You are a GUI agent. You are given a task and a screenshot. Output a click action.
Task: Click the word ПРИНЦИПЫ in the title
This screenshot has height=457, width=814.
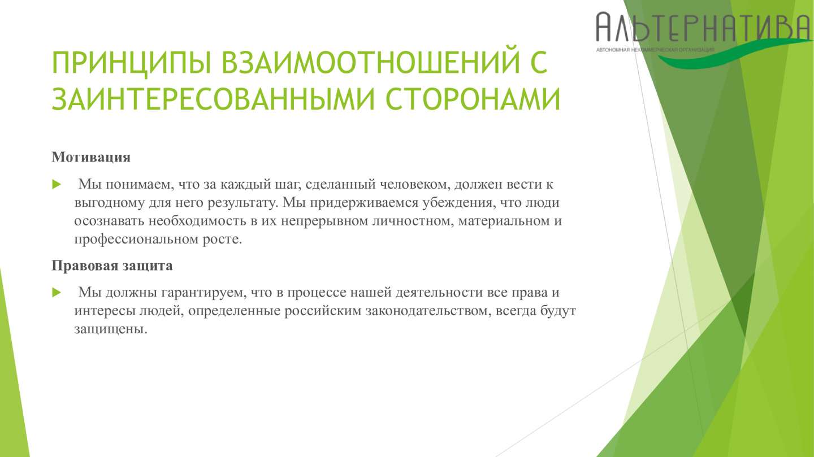click(131, 62)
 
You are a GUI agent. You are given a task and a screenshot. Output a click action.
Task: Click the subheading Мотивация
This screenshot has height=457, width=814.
click(91, 157)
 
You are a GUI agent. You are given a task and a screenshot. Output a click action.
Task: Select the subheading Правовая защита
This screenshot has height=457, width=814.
click(112, 266)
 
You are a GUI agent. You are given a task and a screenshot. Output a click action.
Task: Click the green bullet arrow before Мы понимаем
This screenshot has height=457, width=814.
click(57, 184)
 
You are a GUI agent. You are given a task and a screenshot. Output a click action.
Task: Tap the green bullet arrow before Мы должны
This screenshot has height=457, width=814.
click(57, 293)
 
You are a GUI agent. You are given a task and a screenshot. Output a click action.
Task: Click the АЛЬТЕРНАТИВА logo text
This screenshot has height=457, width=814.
click(704, 27)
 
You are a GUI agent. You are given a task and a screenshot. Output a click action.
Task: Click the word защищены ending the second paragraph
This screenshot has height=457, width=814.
click(111, 329)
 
